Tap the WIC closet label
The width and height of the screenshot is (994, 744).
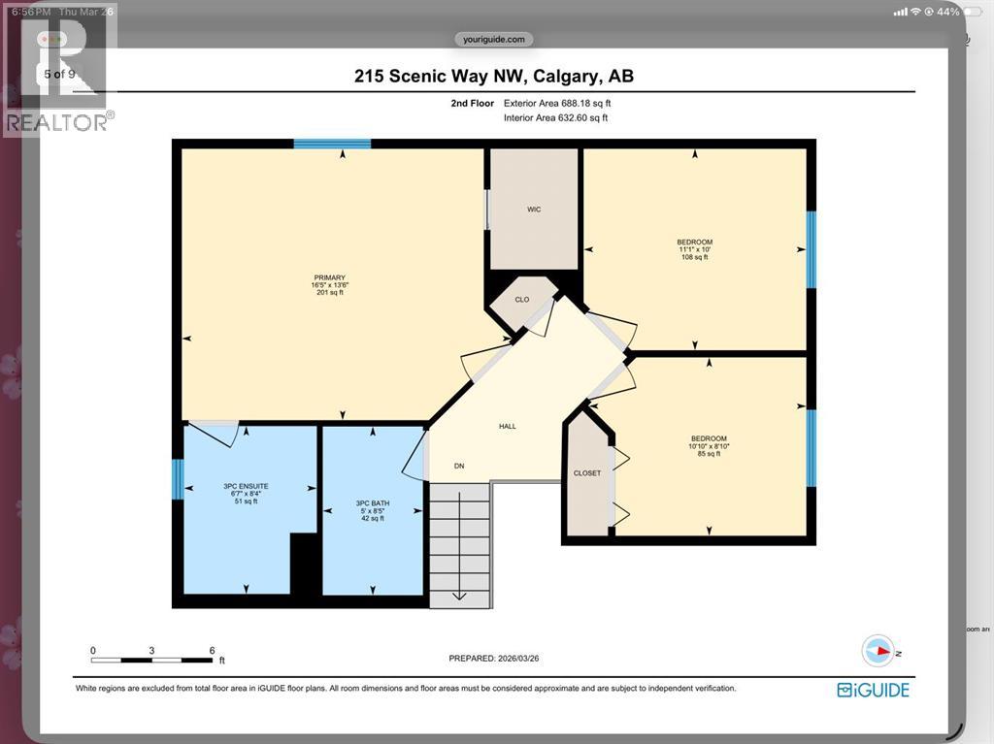coord(534,210)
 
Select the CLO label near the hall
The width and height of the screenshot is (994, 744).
coord(522,300)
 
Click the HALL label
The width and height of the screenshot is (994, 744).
coord(508,426)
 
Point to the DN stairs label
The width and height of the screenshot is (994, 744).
coord(460,466)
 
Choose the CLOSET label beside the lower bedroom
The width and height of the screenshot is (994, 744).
coord(587,473)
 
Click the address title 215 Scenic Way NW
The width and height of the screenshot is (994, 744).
coord(494,77)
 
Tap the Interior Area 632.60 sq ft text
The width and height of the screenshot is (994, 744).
coord(555,118)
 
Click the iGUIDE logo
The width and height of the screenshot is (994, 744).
coord(873,690)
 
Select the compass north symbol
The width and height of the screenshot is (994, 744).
coord(878,651)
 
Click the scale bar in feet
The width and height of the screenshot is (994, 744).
coord(152,660)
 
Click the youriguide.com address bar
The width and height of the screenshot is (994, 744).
coord(494,40)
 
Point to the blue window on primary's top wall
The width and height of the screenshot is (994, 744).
coord(332,145)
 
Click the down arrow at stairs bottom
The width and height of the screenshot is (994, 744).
coord(459,596)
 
